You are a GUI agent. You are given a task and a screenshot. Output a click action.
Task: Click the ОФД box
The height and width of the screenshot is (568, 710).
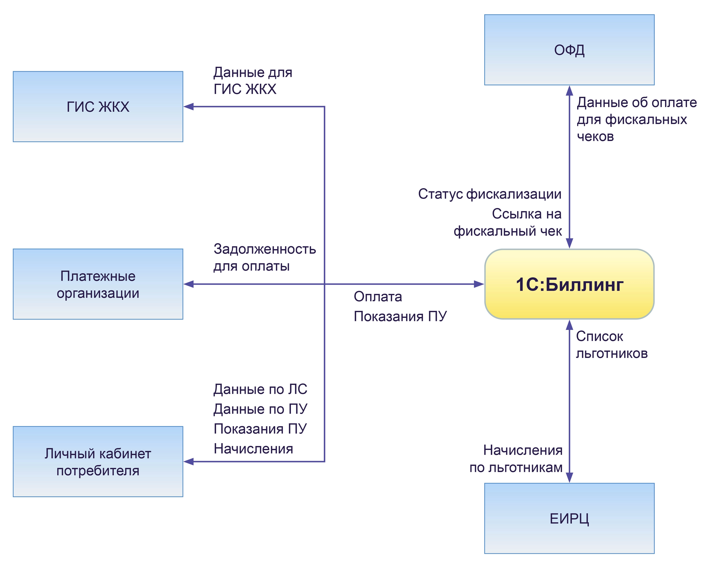(x=569, y=50)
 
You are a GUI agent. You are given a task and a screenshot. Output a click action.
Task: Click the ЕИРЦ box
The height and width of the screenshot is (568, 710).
(x=569, y=519)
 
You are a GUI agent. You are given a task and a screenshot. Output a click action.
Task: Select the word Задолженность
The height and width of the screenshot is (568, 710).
(x=264, y=249)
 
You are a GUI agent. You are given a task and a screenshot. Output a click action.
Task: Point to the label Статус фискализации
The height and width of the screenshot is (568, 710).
(x=490, y=194)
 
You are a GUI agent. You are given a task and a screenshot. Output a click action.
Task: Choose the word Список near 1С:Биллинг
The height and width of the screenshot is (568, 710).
(x=599, y=337)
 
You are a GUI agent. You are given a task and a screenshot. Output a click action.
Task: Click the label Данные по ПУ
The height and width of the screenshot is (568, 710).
(x=260, y=409)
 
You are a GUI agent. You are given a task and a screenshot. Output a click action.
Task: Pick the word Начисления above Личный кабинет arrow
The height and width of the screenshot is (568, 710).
(x=253, y=449)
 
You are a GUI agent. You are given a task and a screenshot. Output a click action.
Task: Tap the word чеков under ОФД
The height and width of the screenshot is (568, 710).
(x=595, y=136)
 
